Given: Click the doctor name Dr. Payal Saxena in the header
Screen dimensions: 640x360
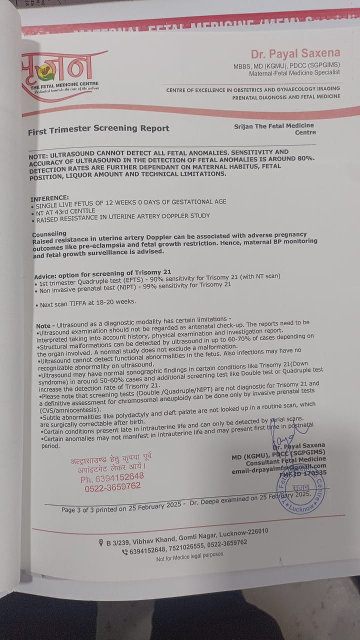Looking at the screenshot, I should pyautogui.click(x=295, y=53).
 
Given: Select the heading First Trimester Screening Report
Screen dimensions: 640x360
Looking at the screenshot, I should pyautogui.click(x=98, y=129).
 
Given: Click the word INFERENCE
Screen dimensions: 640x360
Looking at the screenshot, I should pyautogui.click(x=49, y=198).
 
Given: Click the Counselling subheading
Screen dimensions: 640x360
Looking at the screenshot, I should pyautogui.click(x=49, y=234).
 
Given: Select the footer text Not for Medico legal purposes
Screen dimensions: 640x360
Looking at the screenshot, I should pyautogui.click(x=189, y=555).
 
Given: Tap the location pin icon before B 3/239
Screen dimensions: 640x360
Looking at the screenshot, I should pyautogui.click(x=101, y=543).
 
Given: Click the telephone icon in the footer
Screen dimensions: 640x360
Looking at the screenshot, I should pyautogui.click(x=124, y=552).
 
